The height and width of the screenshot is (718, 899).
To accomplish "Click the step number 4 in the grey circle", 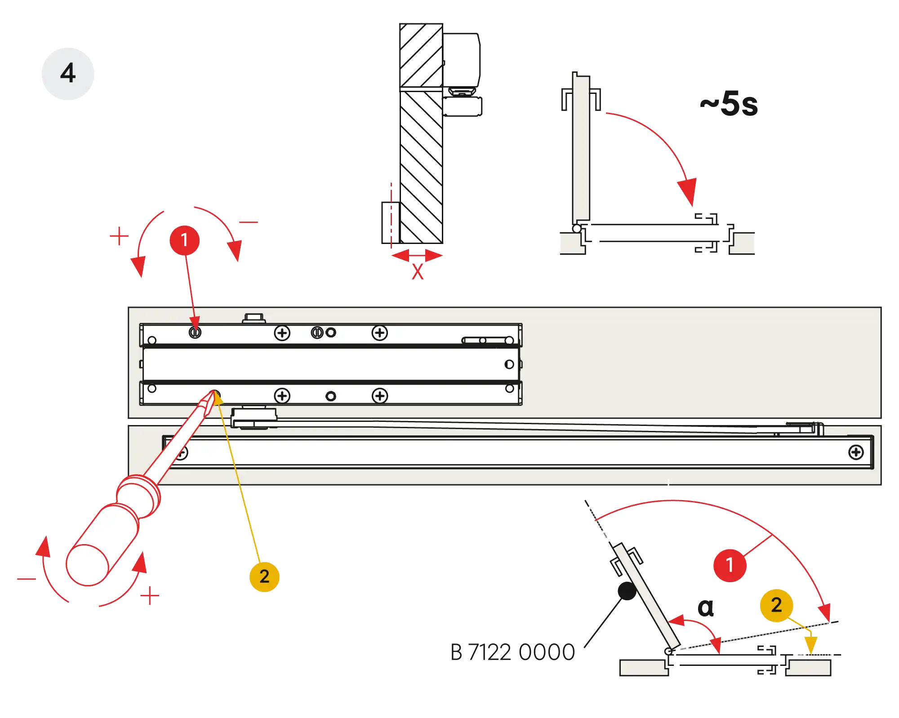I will click(x=68, y=73).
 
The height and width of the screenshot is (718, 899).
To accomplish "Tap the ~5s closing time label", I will click(x=729, y=104).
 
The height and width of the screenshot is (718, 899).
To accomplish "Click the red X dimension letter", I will click(x=418, y=271).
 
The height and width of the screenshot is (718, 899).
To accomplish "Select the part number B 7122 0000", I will click(x=512, y=652).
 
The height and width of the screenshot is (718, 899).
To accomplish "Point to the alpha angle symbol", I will click(x=706, y=608).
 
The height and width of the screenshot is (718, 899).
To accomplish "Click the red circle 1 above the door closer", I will click(x=185, y=240).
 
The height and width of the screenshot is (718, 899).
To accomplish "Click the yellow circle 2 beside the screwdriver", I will click(x=264, y=576).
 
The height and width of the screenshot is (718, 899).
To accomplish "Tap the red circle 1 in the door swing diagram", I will click(x=730, y=565).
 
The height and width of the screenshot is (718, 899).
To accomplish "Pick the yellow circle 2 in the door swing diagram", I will click(x=776, y=605).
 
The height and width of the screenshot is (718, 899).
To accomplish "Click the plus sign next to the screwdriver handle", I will click(x=151, y=596).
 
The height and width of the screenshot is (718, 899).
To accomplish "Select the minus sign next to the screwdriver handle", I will click(x=25, y=578).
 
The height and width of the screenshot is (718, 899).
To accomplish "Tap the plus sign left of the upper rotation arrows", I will click(x=119, y=236).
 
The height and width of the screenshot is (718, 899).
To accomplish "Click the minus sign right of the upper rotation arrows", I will click(x=248, y=222).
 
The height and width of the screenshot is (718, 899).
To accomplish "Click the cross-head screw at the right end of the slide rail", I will click(x=856, y=452).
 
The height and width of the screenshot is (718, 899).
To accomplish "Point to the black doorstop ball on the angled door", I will click(x=627, y=591).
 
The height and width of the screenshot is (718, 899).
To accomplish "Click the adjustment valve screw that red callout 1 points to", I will click(x=195, y=332).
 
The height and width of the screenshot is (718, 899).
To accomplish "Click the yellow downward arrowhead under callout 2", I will click(x=810, y=645).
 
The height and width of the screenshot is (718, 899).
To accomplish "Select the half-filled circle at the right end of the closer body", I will click(x=509, y=364).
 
